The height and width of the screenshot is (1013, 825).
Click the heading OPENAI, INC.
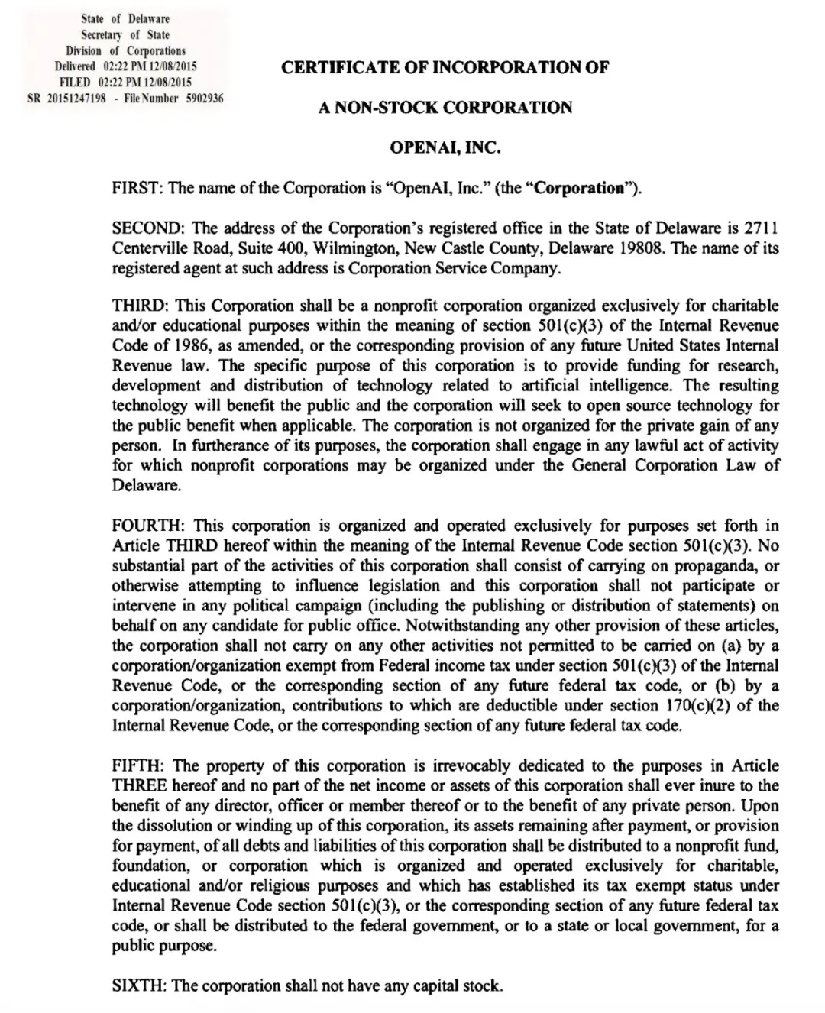click(445, 147)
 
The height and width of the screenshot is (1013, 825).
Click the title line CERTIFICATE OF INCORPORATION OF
click(445, 67)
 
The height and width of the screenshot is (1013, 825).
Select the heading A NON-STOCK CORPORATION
click(445, 107)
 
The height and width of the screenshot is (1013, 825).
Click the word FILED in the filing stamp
click(76, 83)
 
